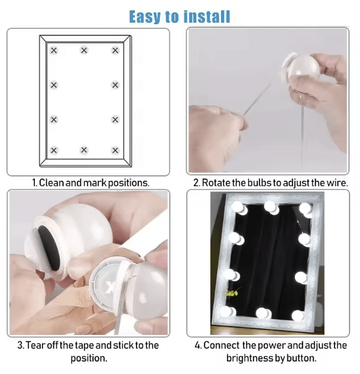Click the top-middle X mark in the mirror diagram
pyautogui.click(x=84, y=50)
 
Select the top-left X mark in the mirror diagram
pyautogui.click(x=54, y=50)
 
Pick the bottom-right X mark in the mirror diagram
pyautogui.click(x=115, y=151)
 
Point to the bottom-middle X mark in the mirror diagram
pyautogui.click(x=84, y=150)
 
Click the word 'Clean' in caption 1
pyautogui.click(x=51, y=183)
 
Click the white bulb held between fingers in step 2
pyautogui.click(x=304, y=67)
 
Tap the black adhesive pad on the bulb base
pyautogui.click(x=50, y=248)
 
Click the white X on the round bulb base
pyautogui.click(x=110, y=287)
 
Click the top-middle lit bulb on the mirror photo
pyautogui.click(x=271, y=207)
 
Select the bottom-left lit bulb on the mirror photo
pyautogui.click(x=228, y=312)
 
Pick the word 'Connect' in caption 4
pyautogui.click(x=221, y=345)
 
